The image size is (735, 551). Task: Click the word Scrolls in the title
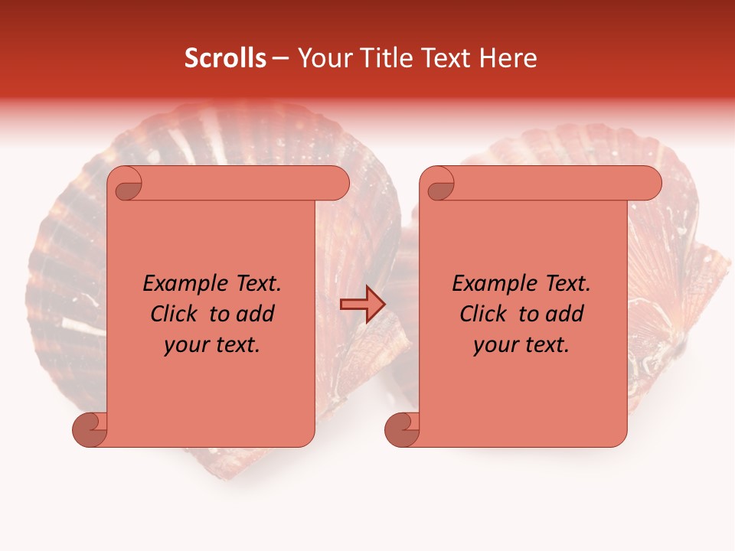tap(225, 58)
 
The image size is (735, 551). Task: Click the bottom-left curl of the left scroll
tap(90, 429)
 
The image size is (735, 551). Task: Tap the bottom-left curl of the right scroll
tap(403, 429)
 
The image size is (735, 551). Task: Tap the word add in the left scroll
tap(256, 314)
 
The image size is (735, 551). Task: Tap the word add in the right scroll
tap(565, 314)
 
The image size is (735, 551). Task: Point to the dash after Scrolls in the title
tap(280, 59)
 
